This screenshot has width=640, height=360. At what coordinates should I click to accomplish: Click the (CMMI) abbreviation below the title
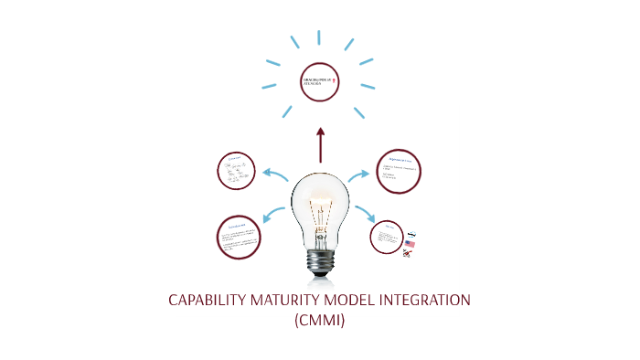[x=320, y=321]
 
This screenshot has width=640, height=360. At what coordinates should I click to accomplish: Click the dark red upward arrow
[x=320, y=144]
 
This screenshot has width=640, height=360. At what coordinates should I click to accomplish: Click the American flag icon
[x=411, y=244]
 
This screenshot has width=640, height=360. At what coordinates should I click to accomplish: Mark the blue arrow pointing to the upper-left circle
[x=275, y=175]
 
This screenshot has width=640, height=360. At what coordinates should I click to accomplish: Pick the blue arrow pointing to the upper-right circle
[x=362, y=175]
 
